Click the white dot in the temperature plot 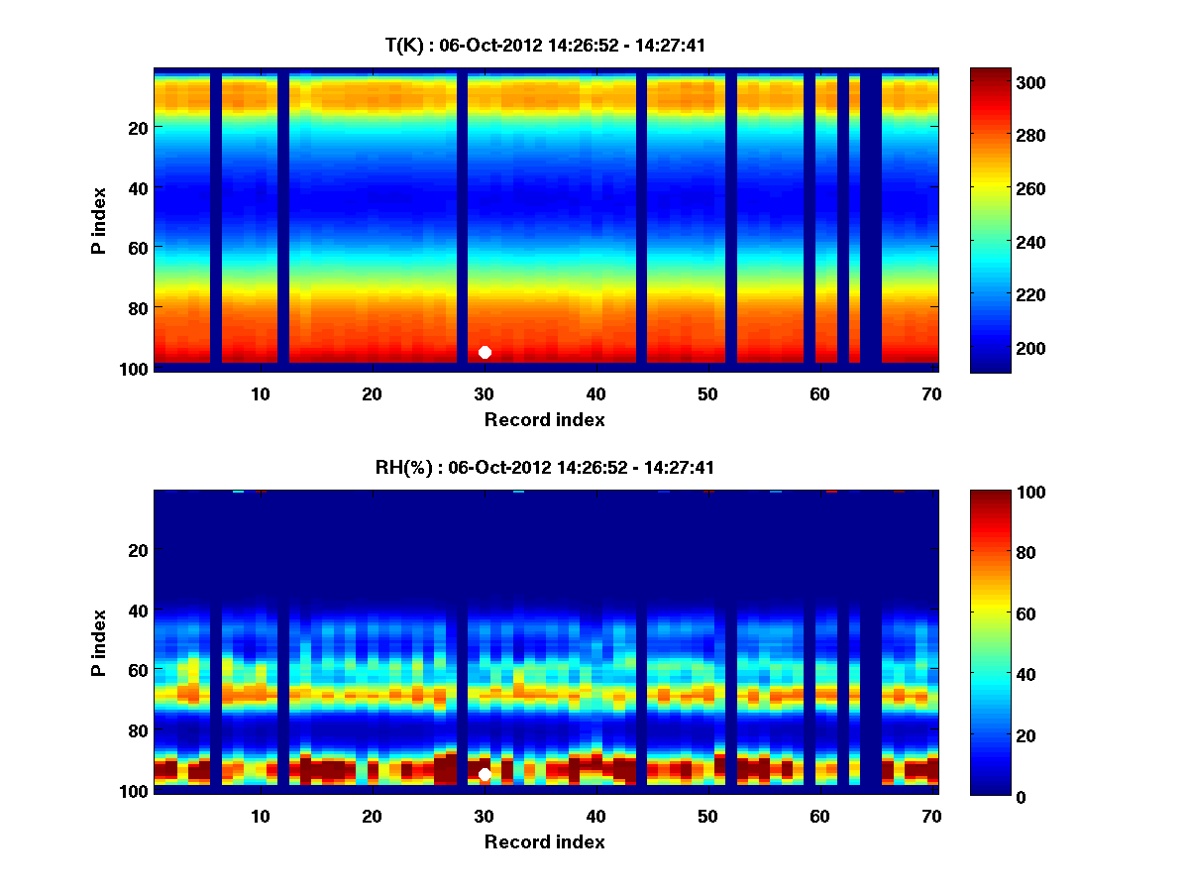pos(485,352)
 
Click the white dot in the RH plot pos(485,775)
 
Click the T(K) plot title pos(545,45)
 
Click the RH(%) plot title pos(545,468)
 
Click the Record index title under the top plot pos(544,419)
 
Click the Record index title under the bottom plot pos(544,841)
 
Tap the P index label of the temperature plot pos(98,220)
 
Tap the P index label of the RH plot pos(98,642)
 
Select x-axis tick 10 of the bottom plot pos(260,816)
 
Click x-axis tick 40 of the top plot pos(595,393)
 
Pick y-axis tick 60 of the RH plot pos(138,670)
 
